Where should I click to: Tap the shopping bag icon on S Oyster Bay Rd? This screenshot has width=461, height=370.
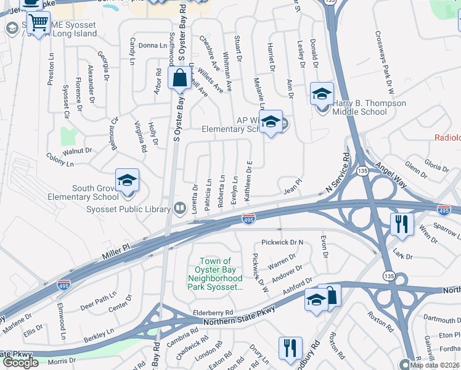point(179,80)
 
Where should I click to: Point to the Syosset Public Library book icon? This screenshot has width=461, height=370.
point(179,208)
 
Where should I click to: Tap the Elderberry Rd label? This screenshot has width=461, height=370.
point(213,312)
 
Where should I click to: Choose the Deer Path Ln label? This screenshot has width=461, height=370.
point(94,297)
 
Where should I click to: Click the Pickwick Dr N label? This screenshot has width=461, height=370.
point(283,242)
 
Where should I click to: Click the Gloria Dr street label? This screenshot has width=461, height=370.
point(436,166)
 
